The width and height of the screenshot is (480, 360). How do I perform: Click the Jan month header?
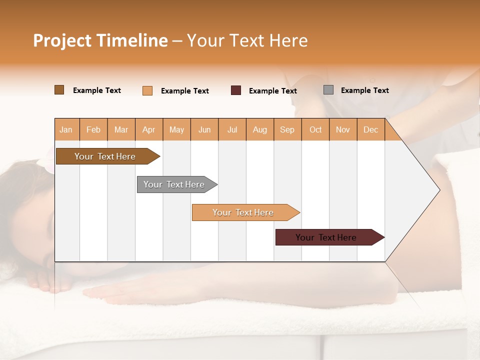point(66,129)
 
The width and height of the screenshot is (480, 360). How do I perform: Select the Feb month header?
point(93,129)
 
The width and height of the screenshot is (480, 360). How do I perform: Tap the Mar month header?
point(121,129)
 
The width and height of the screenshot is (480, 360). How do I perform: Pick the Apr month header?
point(149,129)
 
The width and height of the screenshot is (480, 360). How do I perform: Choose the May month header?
point(176,129)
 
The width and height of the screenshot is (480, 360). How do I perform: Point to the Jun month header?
point(204,129)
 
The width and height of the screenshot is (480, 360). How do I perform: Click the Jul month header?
point(232,129)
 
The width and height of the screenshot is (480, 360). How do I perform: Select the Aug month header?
point(260,129)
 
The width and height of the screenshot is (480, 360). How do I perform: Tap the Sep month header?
point(287,129)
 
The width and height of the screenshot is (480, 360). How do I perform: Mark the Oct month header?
point(315,129)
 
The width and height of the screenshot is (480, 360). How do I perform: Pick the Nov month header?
point(343,129)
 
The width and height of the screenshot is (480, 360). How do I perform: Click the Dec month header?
point(371,129)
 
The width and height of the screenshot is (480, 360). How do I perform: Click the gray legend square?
point(328,90)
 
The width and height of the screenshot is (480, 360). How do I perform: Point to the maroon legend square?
point(236,90)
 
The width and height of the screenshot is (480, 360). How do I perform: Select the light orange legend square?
point(147,90)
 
